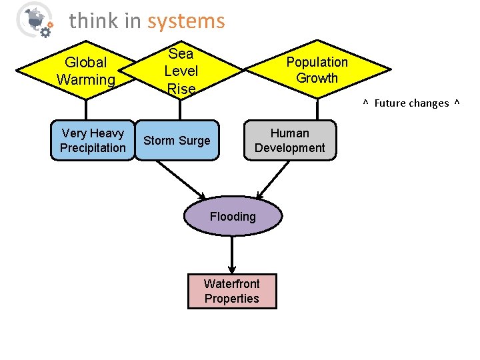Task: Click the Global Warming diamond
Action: [85, 71]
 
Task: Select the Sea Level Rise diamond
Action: [181, 71]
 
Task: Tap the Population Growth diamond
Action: [317, 70]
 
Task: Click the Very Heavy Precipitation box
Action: [93, 140]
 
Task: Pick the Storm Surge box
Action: [177, 140]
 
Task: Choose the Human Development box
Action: [289, 140]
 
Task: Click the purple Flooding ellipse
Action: [232, 216]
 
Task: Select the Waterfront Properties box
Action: [232, 291]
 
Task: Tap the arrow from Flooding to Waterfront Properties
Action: [232, 253]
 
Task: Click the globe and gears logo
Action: [33, 19]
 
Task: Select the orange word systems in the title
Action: [186, 21]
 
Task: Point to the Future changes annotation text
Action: [411, 103]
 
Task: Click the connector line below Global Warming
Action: [85, 109]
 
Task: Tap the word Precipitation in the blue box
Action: [93, 148]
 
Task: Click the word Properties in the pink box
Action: [232, 299]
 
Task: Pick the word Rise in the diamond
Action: [181, 89]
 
